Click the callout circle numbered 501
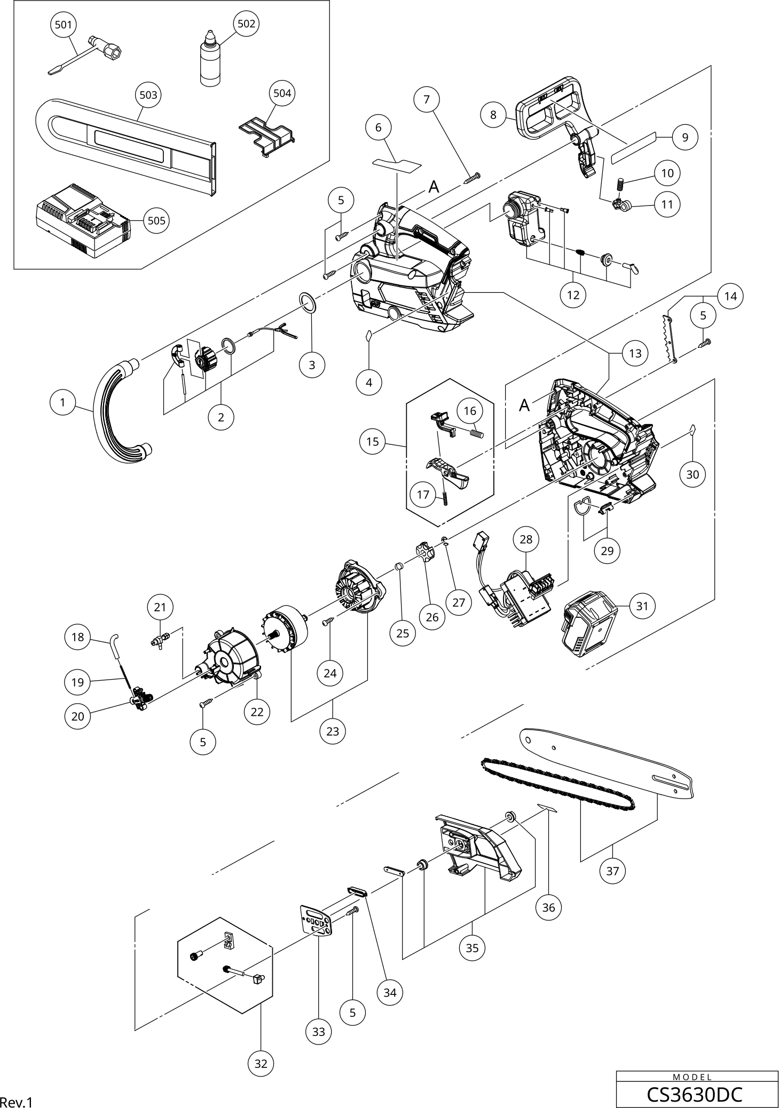(x=64, y=25)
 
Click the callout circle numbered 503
(x=148, y=95)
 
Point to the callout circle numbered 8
(x=493, y=114)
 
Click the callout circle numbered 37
(x=612, y=871)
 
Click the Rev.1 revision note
(x=17, y=1102)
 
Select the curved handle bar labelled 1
(x=120, y=413)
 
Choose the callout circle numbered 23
(x=333, y=731)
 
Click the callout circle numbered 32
(x=261, y=1064)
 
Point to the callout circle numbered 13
(x=635, y=353)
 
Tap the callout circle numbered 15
(x=373, y=441)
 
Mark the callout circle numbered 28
(x=526, y=539)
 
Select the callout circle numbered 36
(x=548, y=907)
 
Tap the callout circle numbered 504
(x=282, y=93)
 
